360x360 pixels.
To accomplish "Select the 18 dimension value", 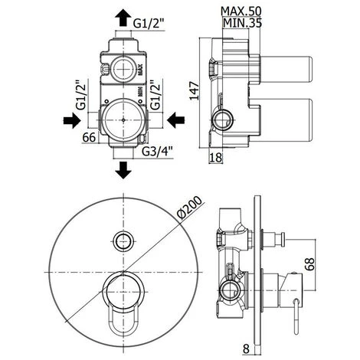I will coord(218,157).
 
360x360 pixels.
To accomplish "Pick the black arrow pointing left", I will coord(175,119).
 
